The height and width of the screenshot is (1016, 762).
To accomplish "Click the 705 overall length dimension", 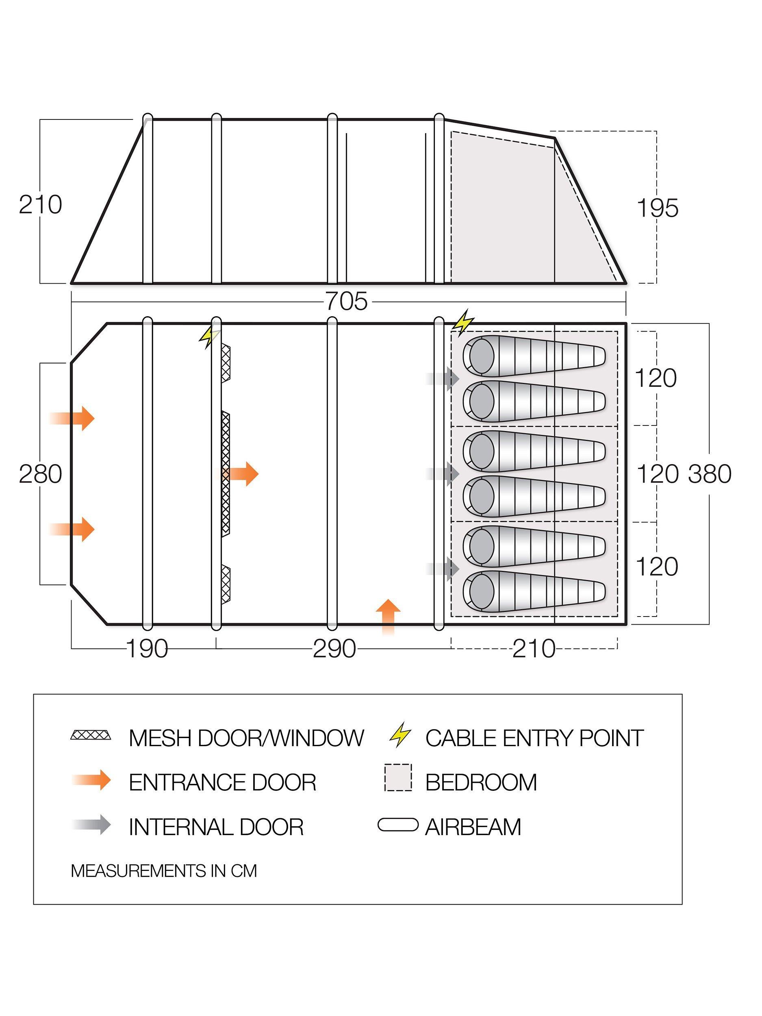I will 347,302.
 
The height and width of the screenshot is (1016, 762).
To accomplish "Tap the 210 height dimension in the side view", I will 40,205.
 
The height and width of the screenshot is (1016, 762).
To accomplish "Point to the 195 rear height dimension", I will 657,208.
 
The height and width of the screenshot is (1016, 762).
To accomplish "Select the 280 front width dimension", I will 40,474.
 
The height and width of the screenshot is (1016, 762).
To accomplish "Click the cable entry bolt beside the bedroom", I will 463,321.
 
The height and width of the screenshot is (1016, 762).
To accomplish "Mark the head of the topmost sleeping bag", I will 480,355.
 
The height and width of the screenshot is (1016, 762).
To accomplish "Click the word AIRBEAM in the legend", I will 473,827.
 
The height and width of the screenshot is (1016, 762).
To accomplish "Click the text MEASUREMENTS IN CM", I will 164,871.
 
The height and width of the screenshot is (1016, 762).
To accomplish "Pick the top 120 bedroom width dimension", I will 656,378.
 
